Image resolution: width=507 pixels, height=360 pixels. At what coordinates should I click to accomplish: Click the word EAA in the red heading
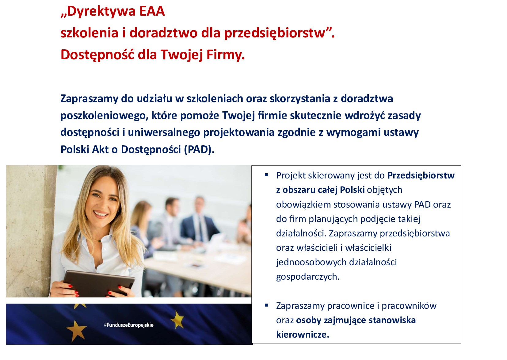coord(152,11)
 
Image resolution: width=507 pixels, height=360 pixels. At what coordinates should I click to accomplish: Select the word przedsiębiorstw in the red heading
coord(274,33)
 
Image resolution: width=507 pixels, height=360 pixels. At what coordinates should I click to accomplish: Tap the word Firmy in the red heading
coord(225,55)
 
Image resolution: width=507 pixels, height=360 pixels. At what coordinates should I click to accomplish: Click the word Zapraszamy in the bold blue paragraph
coord(89,99)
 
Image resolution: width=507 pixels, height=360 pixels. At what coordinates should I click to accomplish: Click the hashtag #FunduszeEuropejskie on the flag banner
coord(128,325)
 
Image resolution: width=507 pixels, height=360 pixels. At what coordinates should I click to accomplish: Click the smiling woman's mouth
coord(100,213)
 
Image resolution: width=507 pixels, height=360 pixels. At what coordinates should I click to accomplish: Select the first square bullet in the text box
coord(266,175)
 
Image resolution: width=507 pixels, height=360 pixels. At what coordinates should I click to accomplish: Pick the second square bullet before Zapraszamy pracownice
coord(266,305)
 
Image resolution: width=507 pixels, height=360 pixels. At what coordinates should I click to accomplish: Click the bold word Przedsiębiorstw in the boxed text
coord(421,175)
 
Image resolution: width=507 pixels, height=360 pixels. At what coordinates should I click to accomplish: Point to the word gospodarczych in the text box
coord(307,277)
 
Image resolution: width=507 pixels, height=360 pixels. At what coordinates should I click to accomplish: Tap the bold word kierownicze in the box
coord(302,334)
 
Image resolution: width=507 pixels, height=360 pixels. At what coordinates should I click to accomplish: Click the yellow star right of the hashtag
coord(177,320)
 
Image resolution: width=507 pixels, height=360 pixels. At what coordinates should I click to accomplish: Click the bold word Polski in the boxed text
coord(352,190)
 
